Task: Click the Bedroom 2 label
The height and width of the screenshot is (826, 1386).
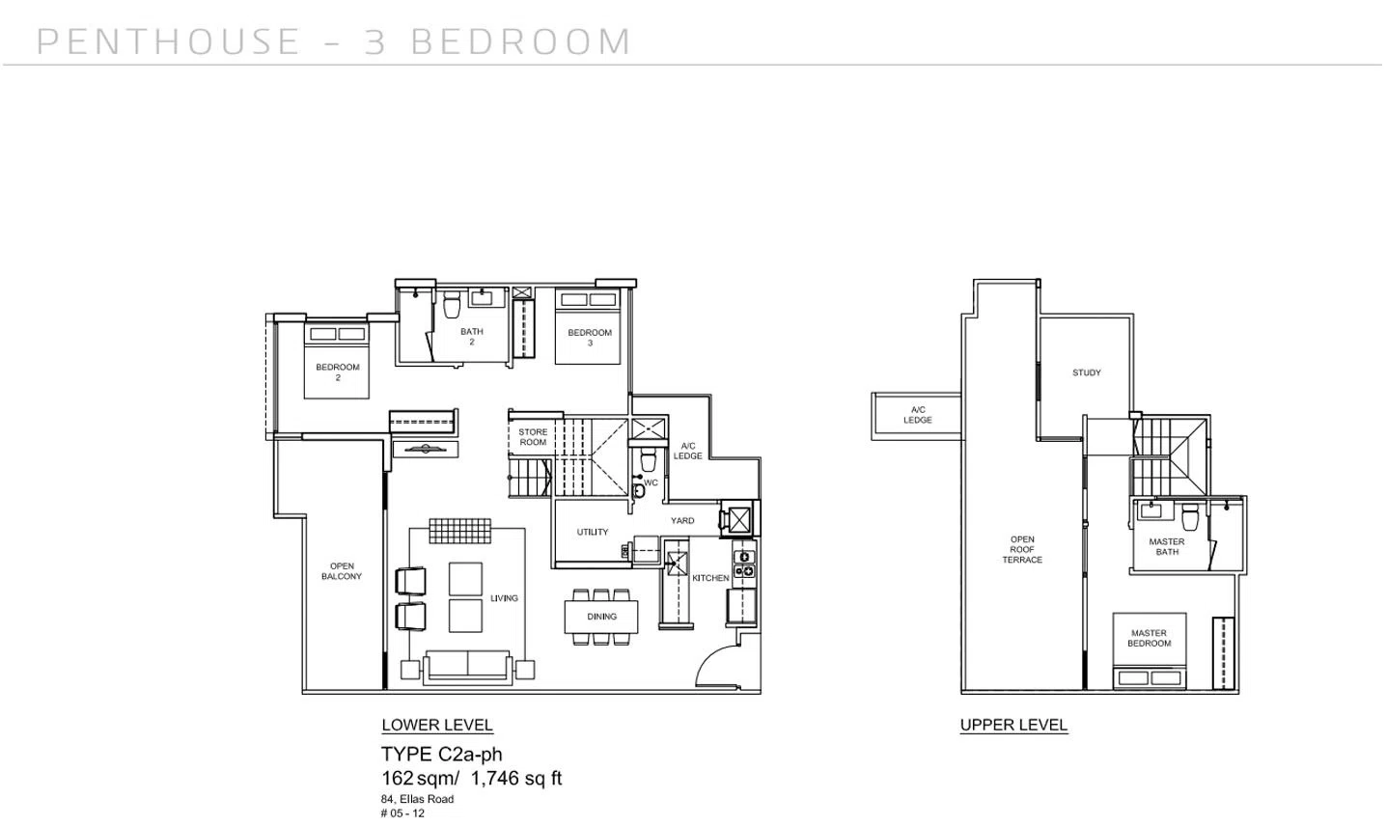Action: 337,372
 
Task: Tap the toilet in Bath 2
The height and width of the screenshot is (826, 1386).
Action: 452,304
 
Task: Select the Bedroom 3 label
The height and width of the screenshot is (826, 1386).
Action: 590,337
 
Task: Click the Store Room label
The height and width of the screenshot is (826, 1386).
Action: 533,437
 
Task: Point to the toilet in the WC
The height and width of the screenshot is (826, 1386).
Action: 648,458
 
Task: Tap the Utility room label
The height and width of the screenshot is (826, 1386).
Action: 593,532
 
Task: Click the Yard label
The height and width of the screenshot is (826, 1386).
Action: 682,521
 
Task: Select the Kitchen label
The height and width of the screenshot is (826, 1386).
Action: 710,578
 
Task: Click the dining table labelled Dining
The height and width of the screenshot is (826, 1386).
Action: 600,617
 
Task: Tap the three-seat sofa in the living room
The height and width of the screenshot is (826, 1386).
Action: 467,667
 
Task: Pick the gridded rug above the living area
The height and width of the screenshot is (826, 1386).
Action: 459,531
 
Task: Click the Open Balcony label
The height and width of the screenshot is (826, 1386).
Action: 342,571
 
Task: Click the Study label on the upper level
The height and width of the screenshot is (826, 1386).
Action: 1087,372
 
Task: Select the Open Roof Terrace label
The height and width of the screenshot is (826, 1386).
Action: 1022,549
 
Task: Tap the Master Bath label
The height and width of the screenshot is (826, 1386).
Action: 1167,546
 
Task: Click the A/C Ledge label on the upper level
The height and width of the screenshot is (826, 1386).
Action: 918,415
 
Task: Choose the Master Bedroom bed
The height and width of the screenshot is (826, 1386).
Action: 1149,651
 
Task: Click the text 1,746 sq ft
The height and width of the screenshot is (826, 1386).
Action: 516,779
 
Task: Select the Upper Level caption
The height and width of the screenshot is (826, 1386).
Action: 1013,725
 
